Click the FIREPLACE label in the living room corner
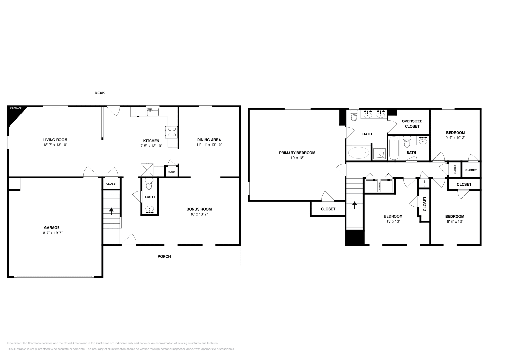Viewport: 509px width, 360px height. (16, 109)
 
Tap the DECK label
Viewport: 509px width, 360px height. (100, 93)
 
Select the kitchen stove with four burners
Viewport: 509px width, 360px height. (172, 132)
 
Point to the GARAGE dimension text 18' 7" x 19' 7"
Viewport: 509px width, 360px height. (52, 233)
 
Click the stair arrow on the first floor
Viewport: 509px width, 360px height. (111, 211)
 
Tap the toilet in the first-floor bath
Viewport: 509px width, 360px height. (150, 184)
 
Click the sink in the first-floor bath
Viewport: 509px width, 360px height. (150, 210)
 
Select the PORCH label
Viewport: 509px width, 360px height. (164, 256)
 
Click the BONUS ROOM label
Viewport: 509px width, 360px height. (199, 209)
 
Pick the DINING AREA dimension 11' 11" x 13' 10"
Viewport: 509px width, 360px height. (209, 145)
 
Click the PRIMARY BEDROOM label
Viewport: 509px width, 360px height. (297, 153)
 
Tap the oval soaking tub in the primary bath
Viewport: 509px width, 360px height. (359, 153)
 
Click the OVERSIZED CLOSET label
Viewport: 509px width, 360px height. (412, 124)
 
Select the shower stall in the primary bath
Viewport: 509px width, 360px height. (380, 153)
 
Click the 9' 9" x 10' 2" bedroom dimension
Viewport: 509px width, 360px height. (455, 138)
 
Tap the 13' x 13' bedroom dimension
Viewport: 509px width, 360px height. (393, 221)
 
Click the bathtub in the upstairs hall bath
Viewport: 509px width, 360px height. (394, 149)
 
